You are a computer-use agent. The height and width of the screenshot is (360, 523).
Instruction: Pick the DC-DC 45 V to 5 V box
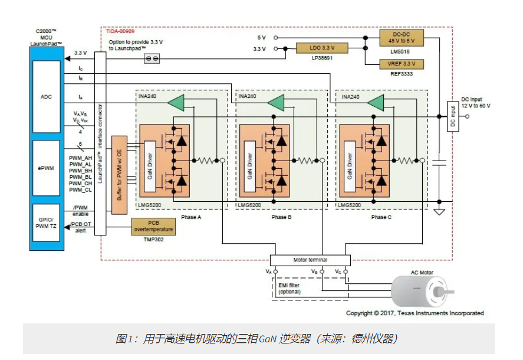coord(403,37)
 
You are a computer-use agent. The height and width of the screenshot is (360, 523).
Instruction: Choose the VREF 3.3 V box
coord(403,64)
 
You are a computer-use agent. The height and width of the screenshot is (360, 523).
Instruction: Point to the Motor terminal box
coord(310,260)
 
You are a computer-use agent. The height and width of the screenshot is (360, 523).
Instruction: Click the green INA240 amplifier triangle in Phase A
coord(176,103)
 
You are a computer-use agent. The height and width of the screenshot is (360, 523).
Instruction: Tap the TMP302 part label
coord(153,240)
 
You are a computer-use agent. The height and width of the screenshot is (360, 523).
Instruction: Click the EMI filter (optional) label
coord(290,289)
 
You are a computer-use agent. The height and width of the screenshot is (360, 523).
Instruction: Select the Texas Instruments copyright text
coord(415,313)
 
